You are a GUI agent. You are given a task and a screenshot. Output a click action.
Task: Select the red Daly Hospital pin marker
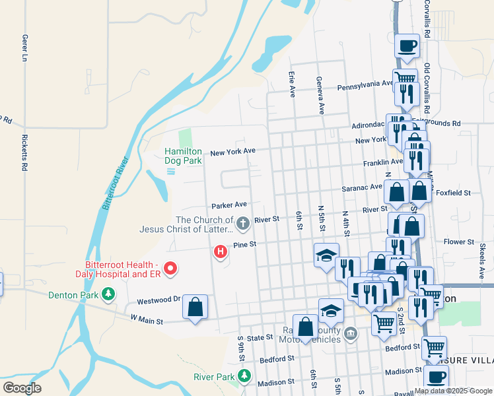(170, 268)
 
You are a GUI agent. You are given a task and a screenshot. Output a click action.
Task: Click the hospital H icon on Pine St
(221, 251)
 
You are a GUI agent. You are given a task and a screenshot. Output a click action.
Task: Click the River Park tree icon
(245, 376)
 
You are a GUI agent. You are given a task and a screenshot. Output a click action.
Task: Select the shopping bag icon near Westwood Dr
(195, 307)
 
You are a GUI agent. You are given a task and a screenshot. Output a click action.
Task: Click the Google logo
(22, 388)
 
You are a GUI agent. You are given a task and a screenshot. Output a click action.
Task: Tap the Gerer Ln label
(24, 48)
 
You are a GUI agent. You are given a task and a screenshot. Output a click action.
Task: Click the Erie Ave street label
(291, 84)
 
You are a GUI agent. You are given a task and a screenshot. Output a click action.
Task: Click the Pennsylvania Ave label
(365, 84)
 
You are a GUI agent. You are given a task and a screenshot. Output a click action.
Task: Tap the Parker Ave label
(229, 205)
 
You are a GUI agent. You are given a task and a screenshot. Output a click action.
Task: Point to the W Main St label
(146, 318)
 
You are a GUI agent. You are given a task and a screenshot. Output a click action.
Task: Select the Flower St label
(455, 242)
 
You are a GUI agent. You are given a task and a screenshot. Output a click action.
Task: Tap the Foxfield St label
(453, 193)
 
